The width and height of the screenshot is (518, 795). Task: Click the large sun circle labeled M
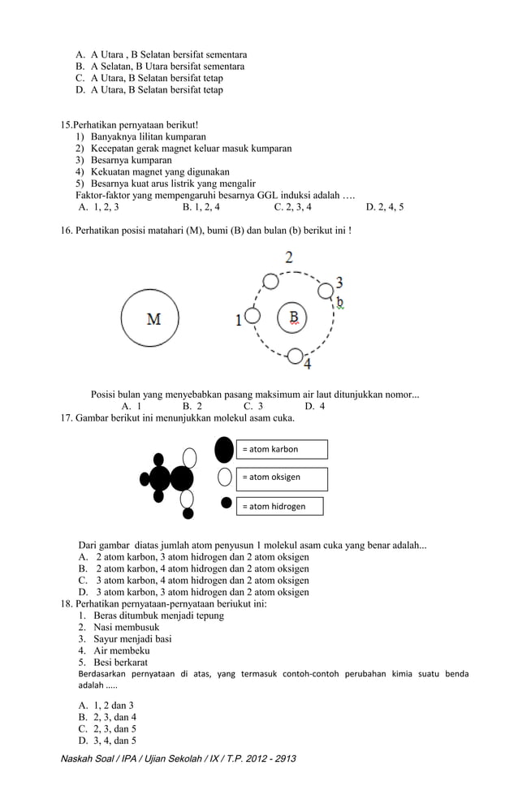153,318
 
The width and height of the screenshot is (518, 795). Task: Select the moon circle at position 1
253,316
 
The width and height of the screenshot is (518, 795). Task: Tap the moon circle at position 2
271,281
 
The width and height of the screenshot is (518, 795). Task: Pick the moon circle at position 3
326,290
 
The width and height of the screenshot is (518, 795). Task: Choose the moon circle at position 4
296,355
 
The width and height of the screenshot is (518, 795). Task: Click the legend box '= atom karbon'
281,449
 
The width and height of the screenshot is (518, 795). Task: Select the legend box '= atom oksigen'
281,478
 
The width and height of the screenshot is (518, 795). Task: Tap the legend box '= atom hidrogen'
279,506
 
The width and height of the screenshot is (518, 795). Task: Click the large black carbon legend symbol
224,449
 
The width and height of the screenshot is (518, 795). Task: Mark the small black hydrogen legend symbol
227,503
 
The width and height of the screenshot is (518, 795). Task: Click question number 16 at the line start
67,231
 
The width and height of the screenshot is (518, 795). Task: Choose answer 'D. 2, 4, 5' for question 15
385,207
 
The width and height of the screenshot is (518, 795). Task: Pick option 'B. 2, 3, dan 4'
106,717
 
